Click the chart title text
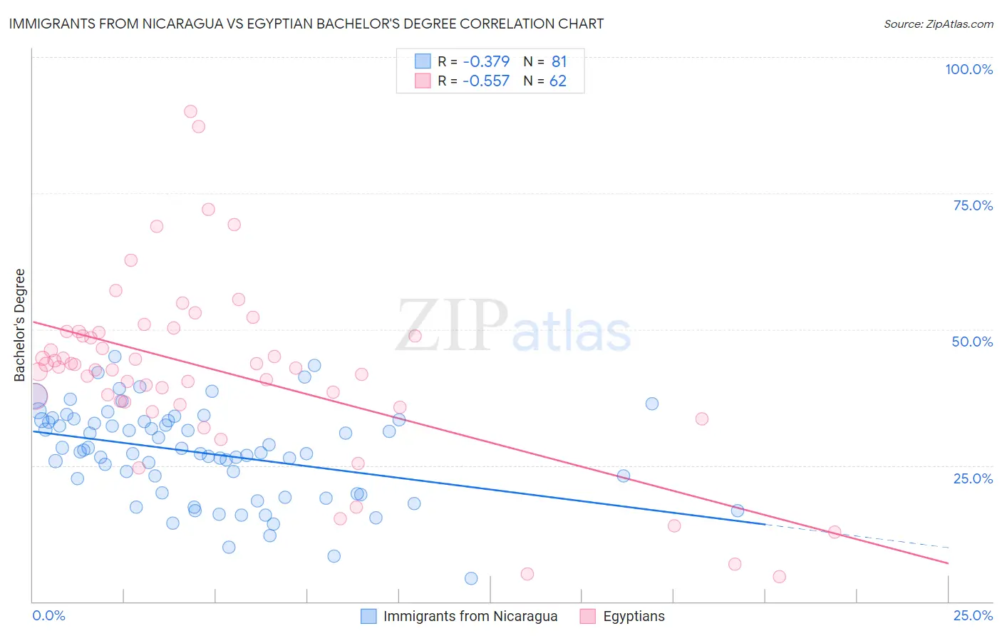pyautogui.click(x=306, y=24)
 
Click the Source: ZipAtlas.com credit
pyautogui.click(x=938, y=24)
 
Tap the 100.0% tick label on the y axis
pyautogui.click(x=969, y=69)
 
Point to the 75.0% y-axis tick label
pyautogui.click(x=973, y=205)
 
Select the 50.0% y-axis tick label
pyautogui.click(x=972, y=342)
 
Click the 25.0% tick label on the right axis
pyautogui.click(x=973, y=478)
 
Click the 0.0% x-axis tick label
pyautogui.click(x=48, y=615)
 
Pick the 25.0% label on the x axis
pyautogui.click(x=973, y=615)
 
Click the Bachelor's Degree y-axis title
pyautogui.click(x=20, y=325)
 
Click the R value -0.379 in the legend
pyautogui.click(x=486, y=62)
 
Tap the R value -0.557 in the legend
pyautogui.click(x=486, y=81)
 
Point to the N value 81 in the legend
pyautogui.click(x=559, y=62)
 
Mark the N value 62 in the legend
pyautogui.click(x=557, y=81)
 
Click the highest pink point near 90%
pyautogui.click(x=190, y=111)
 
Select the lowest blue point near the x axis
pyautogui.click(x=471, y=578)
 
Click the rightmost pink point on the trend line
pyautogui.click(x=835, y=532)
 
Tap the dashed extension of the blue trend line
pyautogui.click(x=855, y=536)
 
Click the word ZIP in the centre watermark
pyautogui.click(x=452, y=326)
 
